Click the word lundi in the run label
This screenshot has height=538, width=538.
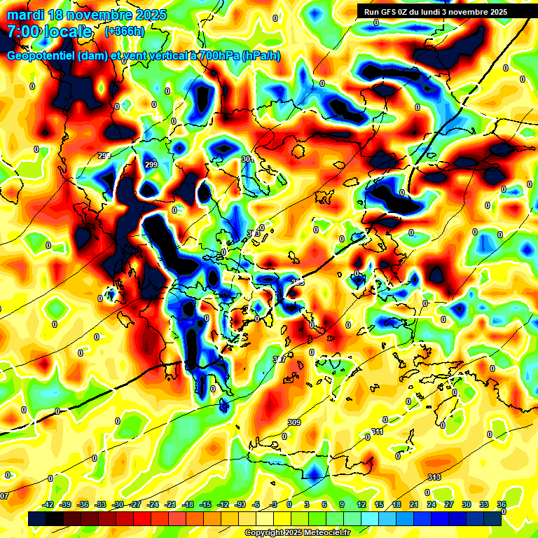(429, 12)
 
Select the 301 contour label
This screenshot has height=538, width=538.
(247, 160)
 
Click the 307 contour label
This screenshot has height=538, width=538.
(279, 359)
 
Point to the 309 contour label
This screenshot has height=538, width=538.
(294, 422)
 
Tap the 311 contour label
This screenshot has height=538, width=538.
(378, 432)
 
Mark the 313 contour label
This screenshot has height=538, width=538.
(434, 477)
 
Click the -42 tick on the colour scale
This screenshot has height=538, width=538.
(48, 504)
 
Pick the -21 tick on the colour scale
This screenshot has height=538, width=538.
(170, 504)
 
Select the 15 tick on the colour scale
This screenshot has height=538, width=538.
(379, 504)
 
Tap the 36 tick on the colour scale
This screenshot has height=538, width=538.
(502, 504)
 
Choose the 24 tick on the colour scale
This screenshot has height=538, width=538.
(432, 504)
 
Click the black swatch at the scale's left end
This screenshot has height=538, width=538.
(39, 518)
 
